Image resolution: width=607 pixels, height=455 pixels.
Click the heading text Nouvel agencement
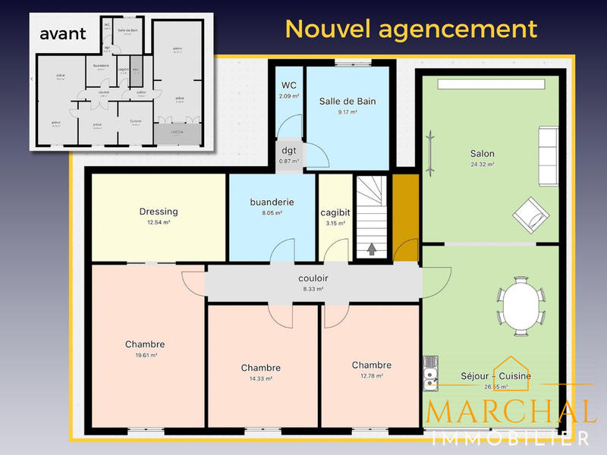point(410,29)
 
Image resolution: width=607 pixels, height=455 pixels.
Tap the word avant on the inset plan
point(63,33)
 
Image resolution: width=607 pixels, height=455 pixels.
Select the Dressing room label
point(159,212)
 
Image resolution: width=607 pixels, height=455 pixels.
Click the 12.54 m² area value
point(159,223)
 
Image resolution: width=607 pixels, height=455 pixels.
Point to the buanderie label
point(272,202)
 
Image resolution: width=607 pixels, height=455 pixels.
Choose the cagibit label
point(335,212)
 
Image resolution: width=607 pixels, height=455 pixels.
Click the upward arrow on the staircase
point(372,248)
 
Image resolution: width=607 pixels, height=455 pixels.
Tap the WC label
point(288,85)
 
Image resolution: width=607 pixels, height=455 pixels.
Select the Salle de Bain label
point(348,101)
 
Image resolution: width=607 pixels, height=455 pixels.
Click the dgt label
point(288,150)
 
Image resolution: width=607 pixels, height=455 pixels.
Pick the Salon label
point(482,153)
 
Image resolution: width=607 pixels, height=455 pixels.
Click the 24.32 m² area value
point(482,164)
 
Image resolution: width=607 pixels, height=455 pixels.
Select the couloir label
point(313,278)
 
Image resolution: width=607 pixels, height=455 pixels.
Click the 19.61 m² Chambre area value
point(145,355)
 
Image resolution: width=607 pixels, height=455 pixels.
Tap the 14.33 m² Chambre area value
point(260,378)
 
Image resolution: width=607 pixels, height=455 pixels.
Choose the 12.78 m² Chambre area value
point(371,375)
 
